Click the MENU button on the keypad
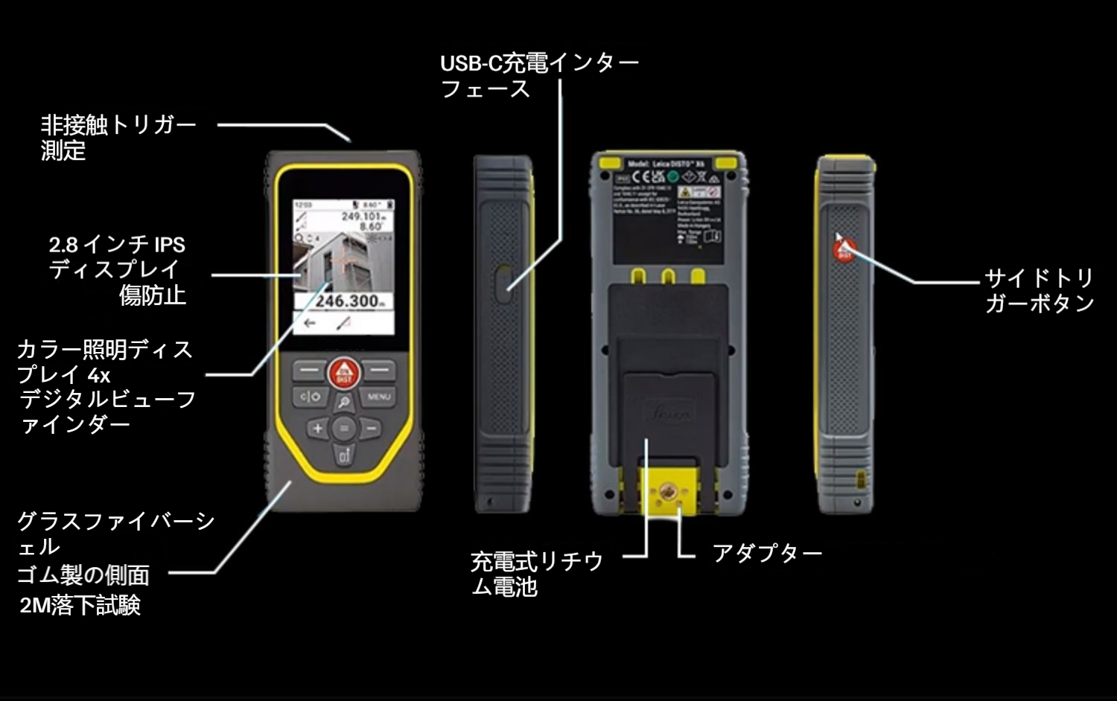[x=378, y=397]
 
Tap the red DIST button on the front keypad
[x=344, y=373]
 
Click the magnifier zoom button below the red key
[x=343, y=403]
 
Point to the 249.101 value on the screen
[x=362, y=216]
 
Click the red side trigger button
[x=844, y=250]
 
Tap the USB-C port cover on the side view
[x=503, y=284]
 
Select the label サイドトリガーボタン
[x=1039, y=290]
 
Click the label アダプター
[x=767, y=553]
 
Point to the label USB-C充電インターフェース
[x=538, y=76]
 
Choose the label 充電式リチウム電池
[x=536, y=574]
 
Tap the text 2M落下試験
[x=80, y=605]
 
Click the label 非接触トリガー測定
[x=118, y=137]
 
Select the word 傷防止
[x=152, y=295]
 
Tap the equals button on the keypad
[x=343, y=428]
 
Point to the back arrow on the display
[x=309, y=323]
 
